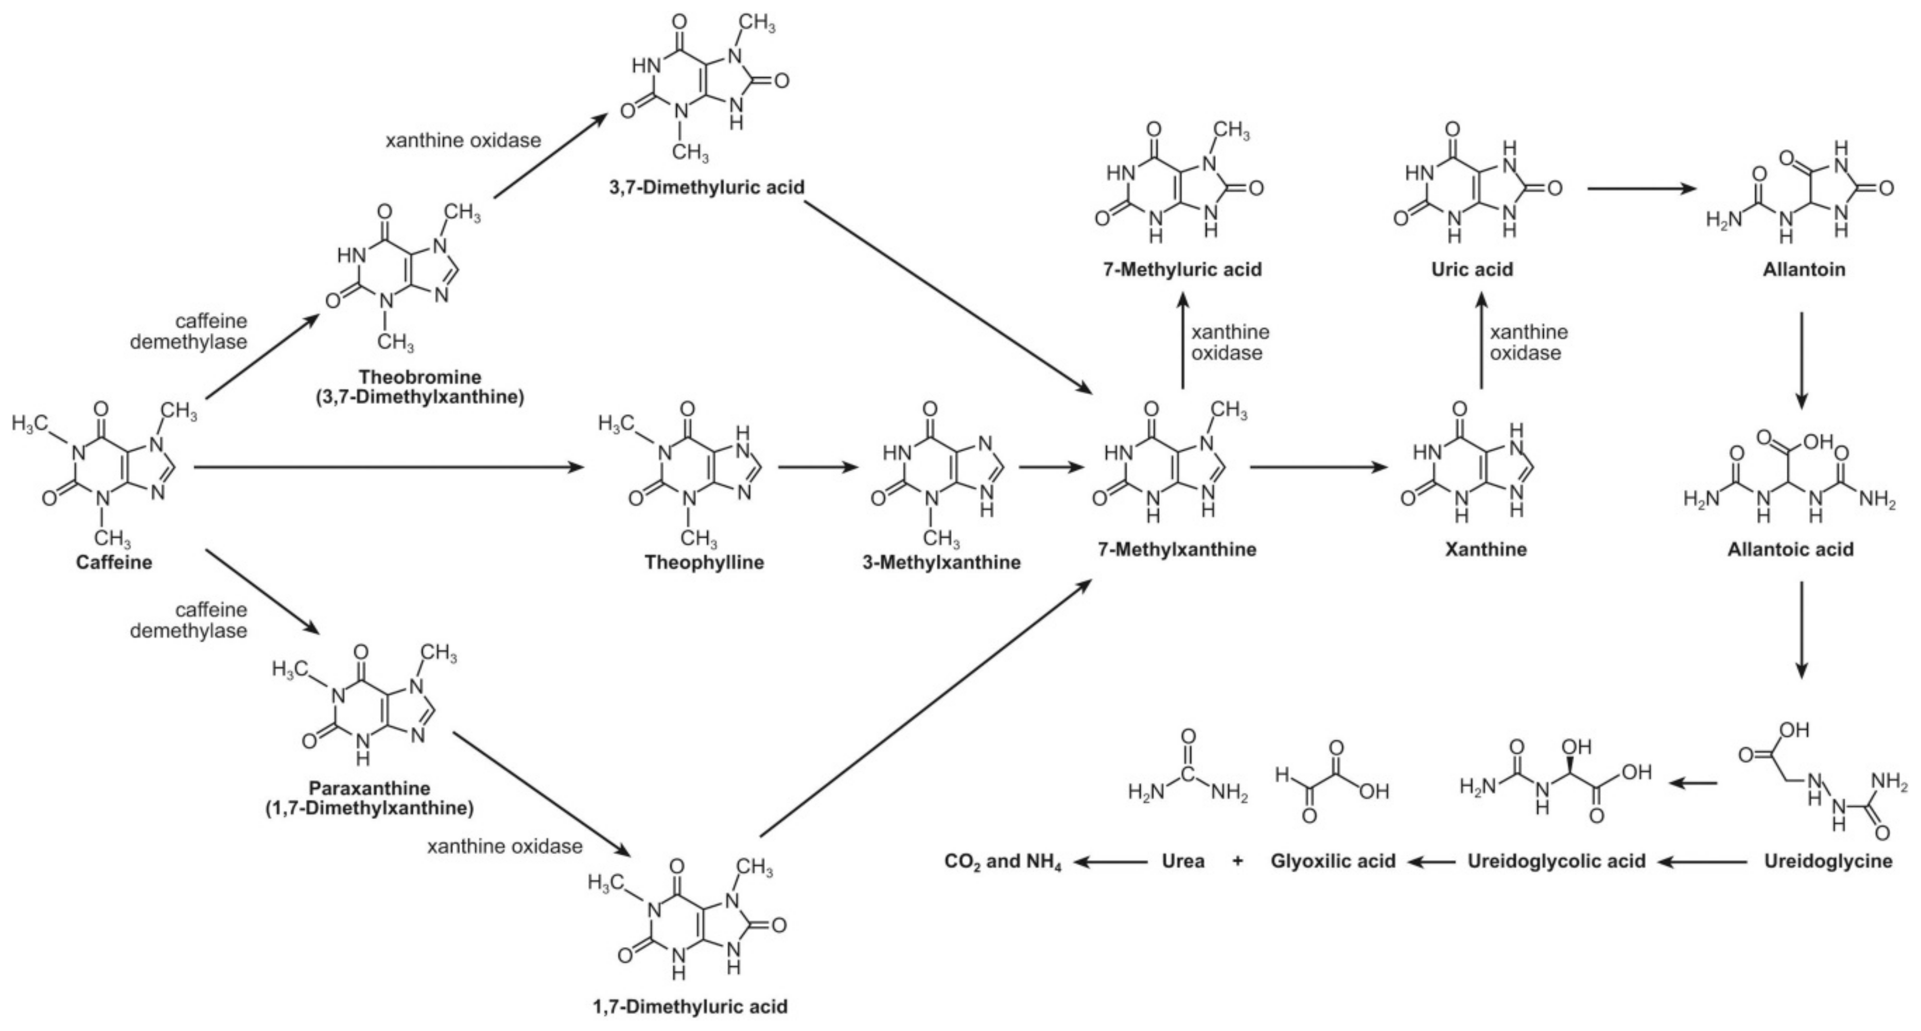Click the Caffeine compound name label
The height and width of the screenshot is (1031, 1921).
[114, 562]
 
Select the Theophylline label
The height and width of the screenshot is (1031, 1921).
[704, 562]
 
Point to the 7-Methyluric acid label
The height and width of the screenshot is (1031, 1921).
[1183, 269]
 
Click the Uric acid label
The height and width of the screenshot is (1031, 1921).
[1471, 269]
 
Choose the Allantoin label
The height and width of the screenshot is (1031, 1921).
[1803, 269]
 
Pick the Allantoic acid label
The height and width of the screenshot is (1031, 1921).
[1790, 549]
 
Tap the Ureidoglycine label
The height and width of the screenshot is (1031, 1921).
[1828, 861]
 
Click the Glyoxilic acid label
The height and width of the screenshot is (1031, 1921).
[1333, 861]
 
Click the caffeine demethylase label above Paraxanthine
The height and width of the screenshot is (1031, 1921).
[189, 620]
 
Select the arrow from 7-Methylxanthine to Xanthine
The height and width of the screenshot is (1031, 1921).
[1319, 468]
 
